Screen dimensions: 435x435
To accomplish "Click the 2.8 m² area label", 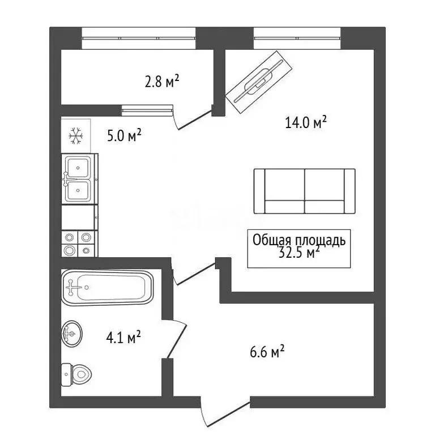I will (162, 83).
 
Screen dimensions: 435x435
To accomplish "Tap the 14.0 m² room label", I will (306, 122).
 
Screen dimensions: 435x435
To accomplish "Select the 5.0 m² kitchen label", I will (123, 136).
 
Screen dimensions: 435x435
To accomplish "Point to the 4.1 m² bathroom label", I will (123, 338).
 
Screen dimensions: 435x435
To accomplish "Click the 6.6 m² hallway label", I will (266, 352).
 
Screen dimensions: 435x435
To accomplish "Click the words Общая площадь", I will (298, 240).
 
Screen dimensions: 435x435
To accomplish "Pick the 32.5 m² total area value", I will (298, 253).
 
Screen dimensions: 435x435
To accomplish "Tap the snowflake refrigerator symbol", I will (75, 135).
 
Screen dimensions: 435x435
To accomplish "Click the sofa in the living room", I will (305, 191).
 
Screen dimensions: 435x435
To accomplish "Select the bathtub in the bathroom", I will (107, 288).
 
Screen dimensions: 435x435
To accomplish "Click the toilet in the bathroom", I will (76, 373).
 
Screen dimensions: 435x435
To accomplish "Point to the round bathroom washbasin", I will (72, 334).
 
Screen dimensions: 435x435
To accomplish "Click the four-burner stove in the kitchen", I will (78, 244).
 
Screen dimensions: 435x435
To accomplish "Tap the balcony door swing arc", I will (191, 120).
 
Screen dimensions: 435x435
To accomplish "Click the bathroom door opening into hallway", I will (176, 340).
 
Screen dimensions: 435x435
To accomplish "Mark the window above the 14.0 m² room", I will (298, 39).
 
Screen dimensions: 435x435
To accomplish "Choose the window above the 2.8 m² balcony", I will (139, 39).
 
